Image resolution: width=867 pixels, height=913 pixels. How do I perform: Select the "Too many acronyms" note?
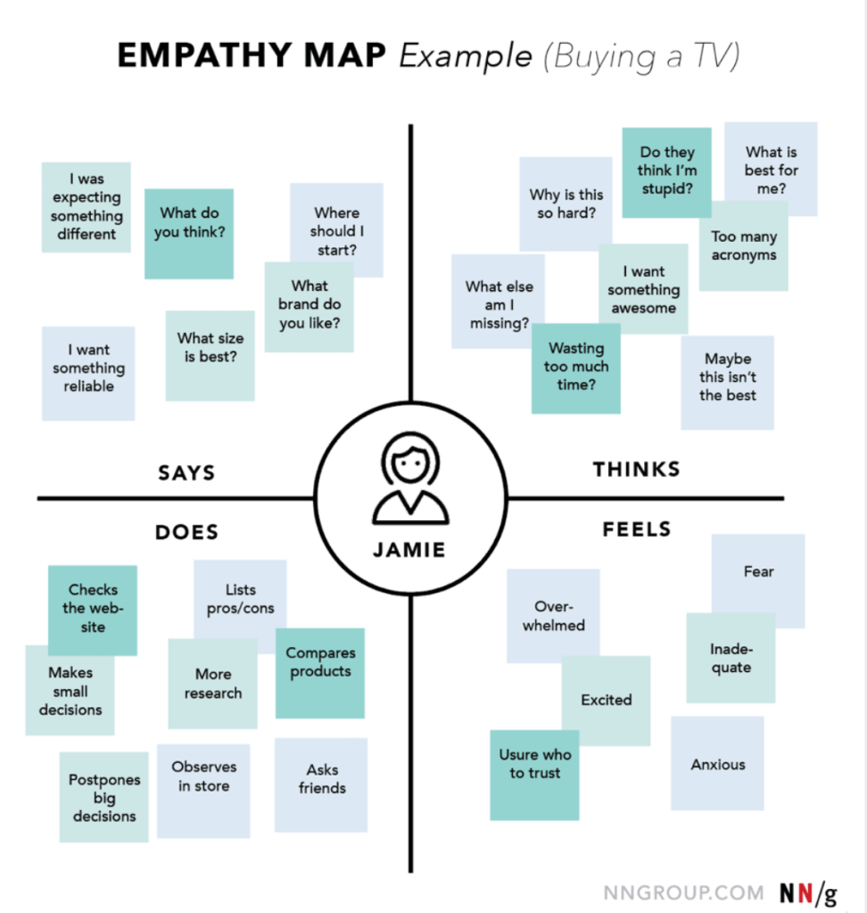(x=743, y=246)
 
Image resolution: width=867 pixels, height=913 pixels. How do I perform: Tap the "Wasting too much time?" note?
(x=576, y=368)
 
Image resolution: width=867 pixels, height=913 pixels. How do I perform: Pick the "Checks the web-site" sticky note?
(x=93, y=609)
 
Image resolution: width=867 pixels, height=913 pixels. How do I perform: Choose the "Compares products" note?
(x=320, y=672)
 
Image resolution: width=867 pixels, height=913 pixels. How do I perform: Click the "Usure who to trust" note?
(x=534, y=774)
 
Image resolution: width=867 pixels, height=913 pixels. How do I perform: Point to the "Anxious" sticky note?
(x=717, y=764)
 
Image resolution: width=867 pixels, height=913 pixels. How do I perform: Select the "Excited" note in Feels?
(x=606, y=701)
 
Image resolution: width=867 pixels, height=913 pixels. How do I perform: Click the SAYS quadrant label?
(x=186, y=472)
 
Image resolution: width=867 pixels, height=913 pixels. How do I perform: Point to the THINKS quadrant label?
(x=636, y=469)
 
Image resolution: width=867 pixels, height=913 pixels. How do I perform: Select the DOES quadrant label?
(x=186, y=532)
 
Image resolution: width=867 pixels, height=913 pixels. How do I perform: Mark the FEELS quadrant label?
(x=636, y=529)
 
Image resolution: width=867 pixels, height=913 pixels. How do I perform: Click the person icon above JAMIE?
(x=409, y=483)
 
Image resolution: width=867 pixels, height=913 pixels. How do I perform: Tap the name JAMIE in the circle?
(x=409, y=549)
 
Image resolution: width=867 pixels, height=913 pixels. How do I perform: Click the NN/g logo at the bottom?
(x=808, y=892)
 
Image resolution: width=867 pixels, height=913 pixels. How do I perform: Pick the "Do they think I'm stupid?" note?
(x=666, y=171)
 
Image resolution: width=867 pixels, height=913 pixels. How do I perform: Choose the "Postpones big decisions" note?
(x=104, y=797)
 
